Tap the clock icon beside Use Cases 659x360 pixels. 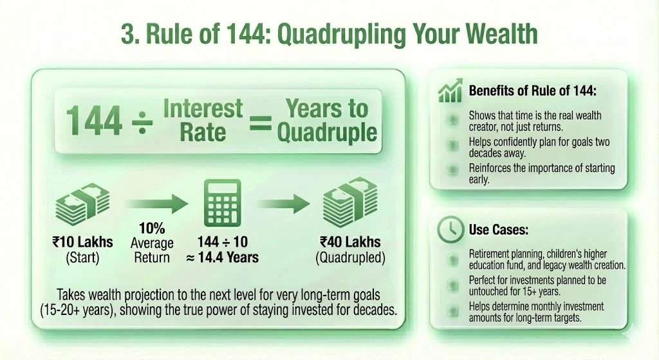(449, 229)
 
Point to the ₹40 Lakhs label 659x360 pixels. (350, 243)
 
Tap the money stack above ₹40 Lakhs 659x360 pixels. (349, 204)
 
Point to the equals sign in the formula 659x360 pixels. (260, 120)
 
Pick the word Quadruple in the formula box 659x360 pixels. (326, 133)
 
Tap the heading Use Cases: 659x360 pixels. (496, 229)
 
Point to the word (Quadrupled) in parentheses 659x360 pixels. (349, 258)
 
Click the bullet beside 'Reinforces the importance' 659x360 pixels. (454, 169)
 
